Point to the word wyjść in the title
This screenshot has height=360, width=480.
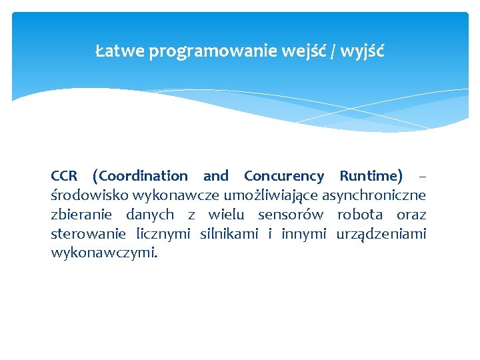tap(362, 51)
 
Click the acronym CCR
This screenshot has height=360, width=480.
tap(64, 176)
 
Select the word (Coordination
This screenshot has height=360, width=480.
tap(140, 176)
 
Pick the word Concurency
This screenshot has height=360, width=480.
tap(284, 176)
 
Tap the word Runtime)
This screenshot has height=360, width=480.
tap(371, 176)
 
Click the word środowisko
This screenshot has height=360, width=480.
tap(90, 195)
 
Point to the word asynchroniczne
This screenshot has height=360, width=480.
tap(374, 195)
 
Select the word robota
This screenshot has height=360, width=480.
tap(360, 215)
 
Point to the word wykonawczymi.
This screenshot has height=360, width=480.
tap(105, 253)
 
